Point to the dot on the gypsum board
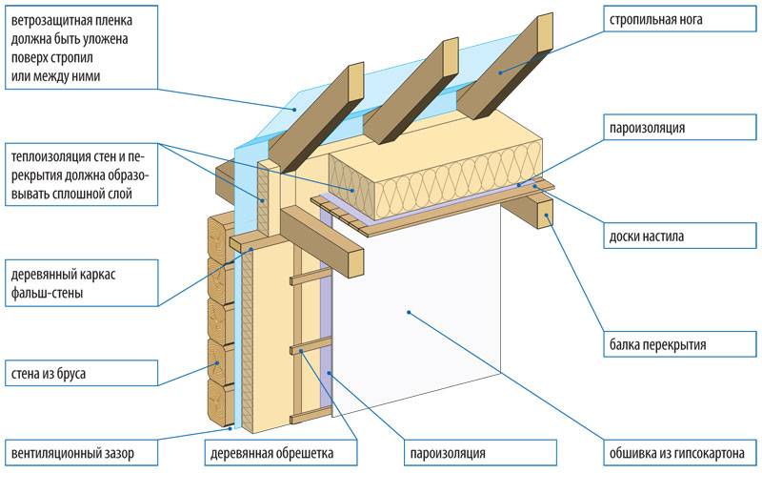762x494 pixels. tap(408, 311)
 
